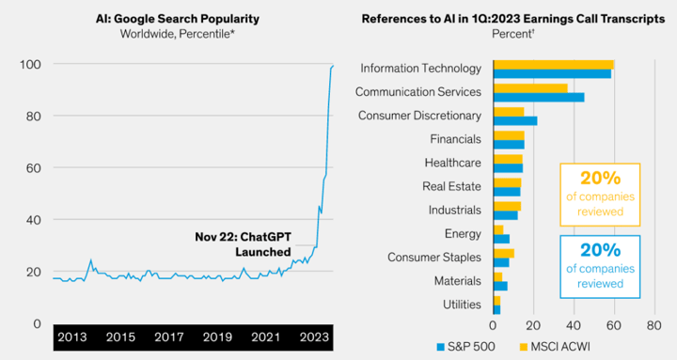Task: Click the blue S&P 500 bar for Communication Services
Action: pos(539,97)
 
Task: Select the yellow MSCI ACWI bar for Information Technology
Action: pos(554,64)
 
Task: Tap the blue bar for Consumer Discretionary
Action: pos(515,121)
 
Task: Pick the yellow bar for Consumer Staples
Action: pos(504,254)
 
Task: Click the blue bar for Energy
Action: pos(502,239)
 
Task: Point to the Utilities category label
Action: pos(462,305)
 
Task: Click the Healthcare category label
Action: pos(452,163)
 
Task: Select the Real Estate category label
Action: pos(451,186)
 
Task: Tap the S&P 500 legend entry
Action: pos(465,347)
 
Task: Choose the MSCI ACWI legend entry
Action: pos(555,347)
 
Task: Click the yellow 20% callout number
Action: pos(600,178)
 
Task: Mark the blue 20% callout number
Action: pos(600,250)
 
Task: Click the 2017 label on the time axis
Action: pos(169,337)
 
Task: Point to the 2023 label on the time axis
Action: pos(314,337)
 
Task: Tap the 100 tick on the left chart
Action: pos(30,64)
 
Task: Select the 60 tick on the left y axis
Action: pos(32,168)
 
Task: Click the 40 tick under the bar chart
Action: pos(574,325)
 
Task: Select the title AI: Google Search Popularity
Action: pos(178,19)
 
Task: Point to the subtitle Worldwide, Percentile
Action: pos(178,34)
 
